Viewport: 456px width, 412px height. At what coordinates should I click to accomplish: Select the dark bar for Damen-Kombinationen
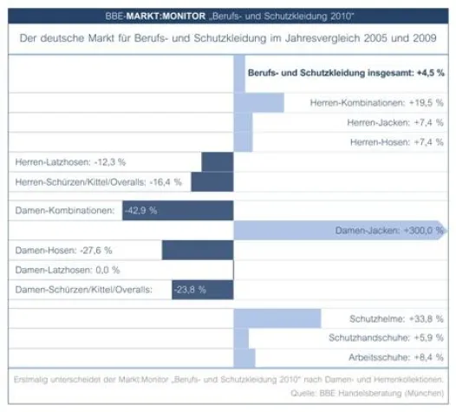[x=178, y=211]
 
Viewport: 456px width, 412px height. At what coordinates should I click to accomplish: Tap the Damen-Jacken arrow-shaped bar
[x=338, y=231]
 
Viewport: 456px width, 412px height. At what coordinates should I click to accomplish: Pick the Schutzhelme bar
[x=277, y=318]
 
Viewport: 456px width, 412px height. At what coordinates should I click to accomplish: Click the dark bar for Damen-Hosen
[x=198, y=251]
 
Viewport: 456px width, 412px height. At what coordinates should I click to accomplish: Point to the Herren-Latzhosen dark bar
[x=217, y=162]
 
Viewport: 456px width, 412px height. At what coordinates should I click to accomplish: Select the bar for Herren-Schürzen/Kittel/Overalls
[x=212, y=182]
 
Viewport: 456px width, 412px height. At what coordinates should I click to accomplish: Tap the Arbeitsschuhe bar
[x=244, y=357]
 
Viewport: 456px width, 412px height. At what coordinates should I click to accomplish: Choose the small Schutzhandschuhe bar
[x=241, y=337]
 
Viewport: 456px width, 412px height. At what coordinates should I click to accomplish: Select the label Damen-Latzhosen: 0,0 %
[x=68, y=270]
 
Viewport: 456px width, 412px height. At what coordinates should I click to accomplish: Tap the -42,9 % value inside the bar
[x=140, y=211]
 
